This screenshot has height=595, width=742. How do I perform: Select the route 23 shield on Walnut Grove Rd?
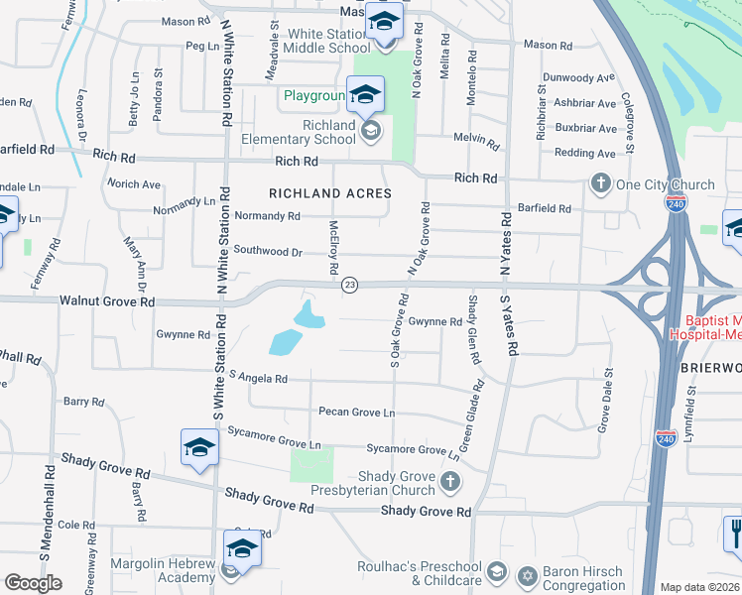(349, 285)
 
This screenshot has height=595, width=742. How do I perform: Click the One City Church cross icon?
(600, 183)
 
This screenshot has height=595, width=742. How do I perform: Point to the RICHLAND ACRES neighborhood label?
(330, 193)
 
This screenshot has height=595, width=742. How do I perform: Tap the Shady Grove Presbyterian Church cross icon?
(450, 482)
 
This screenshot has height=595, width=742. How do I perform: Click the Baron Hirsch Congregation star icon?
(526, 575)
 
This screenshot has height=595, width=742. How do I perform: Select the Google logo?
(33, 583)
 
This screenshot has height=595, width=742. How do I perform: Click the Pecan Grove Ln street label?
(356, 412)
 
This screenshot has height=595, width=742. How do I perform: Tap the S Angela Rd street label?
(257, 378)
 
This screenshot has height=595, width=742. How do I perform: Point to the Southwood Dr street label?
(268, 252)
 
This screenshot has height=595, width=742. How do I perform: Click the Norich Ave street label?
(134, 184)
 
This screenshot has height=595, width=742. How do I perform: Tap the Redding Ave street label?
(585, 153)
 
